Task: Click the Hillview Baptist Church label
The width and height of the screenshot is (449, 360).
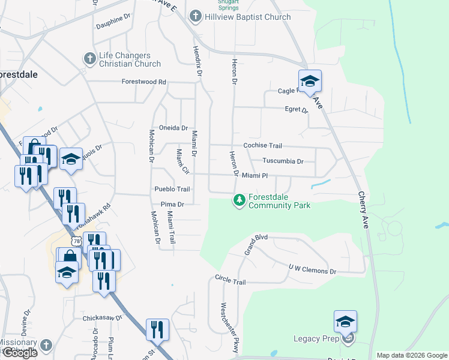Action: click(x=249, y=17)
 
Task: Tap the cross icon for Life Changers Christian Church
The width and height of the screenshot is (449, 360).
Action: click(x=89, y=59)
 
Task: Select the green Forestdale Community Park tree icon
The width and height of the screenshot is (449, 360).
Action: click(x=240, y=200)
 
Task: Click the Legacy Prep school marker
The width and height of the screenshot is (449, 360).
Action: click(x=345, y=322)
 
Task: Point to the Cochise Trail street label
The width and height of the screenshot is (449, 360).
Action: click(x=262, y=146)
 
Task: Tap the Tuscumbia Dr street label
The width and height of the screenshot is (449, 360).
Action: click(x=283, y=161)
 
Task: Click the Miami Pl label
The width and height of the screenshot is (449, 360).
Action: click(x=255, y=175)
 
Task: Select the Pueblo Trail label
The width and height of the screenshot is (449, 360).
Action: click(x=172, y=189)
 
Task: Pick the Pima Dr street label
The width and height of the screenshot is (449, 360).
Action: click(x=172, y=204)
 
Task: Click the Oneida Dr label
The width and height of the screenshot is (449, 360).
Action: click(x=173, y=128)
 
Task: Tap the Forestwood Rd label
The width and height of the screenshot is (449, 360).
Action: click(x=143, y=82)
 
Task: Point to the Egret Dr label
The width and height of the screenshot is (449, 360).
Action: click(x=296, y=110)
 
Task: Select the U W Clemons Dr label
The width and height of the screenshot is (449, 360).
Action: click(x=312, y=271)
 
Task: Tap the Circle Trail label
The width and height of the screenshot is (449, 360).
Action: click(x=231, y=281)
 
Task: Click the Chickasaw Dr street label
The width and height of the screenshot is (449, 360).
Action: click(x=102, y=317)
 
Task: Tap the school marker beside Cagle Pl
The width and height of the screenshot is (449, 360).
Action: click(x=310, y=82)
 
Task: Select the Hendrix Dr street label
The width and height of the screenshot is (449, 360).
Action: click(x=196, y=60)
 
